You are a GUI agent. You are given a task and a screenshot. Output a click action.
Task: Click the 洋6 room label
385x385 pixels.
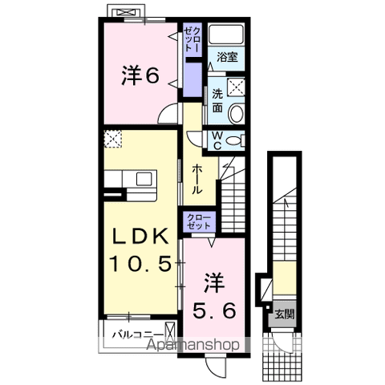coord(140,75)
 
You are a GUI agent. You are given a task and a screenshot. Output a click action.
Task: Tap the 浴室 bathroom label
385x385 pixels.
coord(226,57)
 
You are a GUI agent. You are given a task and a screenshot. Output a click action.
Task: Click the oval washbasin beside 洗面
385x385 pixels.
coord(236,114)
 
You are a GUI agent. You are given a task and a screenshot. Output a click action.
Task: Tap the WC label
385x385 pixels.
coord(218,141)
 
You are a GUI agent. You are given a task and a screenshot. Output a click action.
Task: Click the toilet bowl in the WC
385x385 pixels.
coord(233,140)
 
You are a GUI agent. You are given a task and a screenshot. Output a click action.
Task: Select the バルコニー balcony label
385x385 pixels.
coord(138,332)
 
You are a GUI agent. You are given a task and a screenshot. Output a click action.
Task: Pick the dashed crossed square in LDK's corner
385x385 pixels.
coord(113,138)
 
